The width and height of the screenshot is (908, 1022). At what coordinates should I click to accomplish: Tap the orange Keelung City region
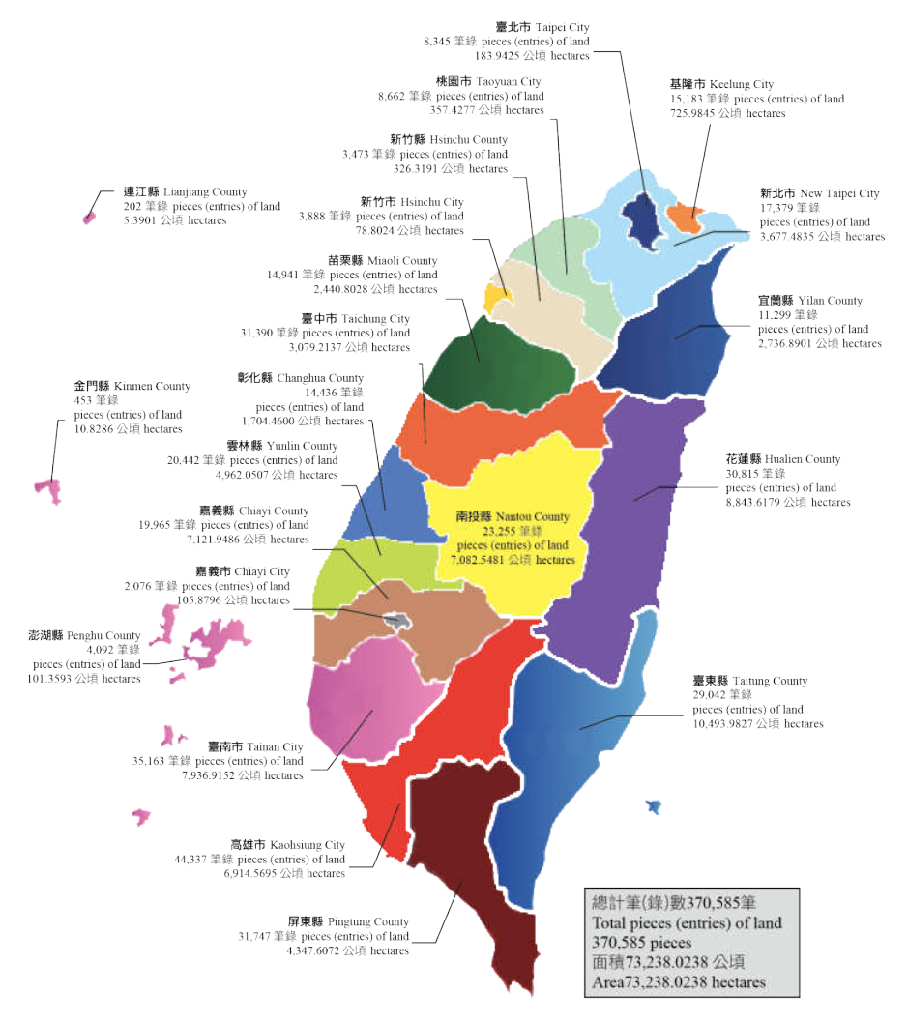[688, 216]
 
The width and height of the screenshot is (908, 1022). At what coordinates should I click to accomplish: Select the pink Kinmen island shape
[47, 488]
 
